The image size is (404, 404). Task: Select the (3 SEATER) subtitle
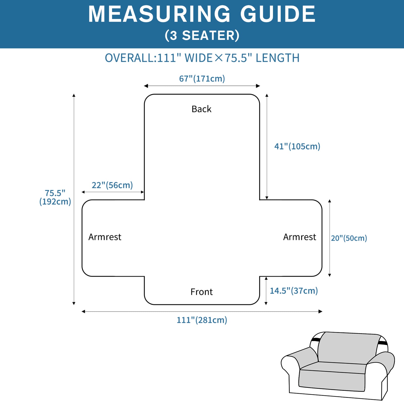(x=202, y=35)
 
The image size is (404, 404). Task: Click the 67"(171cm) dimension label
(x=202, y=79)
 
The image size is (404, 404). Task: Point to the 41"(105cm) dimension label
(x=297, y=146)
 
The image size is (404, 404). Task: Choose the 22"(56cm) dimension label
(x=112, y=185)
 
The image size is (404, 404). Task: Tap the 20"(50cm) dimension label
(x=349, y=238)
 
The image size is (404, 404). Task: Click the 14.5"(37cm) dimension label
(x=294, y=291)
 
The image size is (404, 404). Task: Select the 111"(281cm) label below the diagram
(x=202, y=320)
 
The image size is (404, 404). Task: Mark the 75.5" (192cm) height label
(x=55, y=197)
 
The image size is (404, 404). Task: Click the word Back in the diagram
(x=201, y=109)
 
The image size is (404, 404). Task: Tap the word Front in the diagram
(x=201, y=292)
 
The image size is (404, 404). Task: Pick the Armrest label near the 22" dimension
(x=105, y=237)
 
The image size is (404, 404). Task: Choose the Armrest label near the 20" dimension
(x=299, y=237)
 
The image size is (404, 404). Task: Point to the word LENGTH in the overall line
(x=277, y=58)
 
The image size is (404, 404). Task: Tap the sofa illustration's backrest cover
(x=348, y=347)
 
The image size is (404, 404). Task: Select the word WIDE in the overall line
(x=199, y=58)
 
